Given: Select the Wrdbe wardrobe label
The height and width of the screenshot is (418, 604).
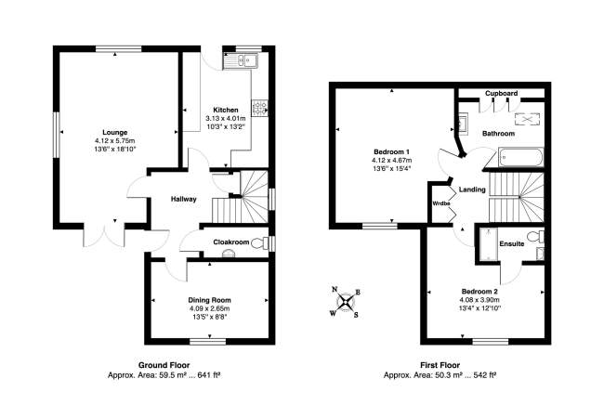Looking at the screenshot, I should pos(440,203).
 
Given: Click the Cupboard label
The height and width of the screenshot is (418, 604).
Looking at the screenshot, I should pos(501,93).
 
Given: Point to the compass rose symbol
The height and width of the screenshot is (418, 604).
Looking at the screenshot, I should pos(346,301).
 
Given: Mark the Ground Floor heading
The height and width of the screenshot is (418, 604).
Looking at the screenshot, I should pos(164,364).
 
